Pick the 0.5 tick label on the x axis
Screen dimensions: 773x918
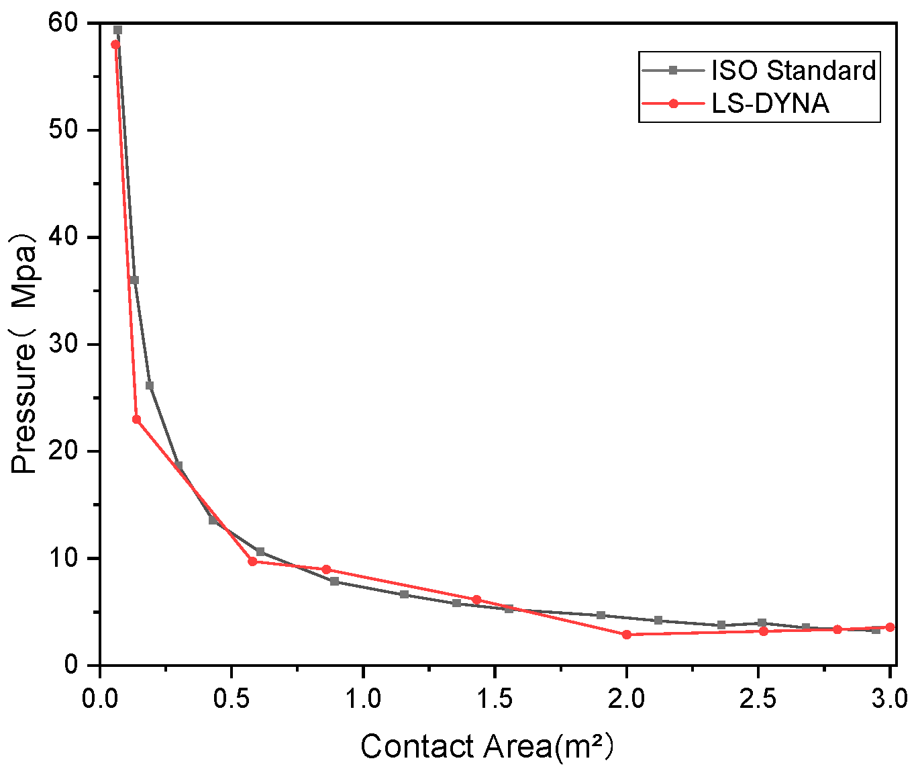[232, 699]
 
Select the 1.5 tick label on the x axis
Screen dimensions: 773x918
[495, 699]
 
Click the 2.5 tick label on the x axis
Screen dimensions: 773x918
[758, 699]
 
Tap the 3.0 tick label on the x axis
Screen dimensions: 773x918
[888, 699]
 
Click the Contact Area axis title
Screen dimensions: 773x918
[487, 747]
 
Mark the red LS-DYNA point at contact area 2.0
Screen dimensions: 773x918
[627, 634]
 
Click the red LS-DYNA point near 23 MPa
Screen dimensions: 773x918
[136, 419]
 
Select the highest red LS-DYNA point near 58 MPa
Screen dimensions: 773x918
[115, 44]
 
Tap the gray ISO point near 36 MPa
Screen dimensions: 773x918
[134, 280]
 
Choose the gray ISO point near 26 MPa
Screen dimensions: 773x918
[150, 385]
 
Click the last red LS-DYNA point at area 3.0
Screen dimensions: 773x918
[890, 627]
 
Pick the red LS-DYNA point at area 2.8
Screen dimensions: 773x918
[837, 629]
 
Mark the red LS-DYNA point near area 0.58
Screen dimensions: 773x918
[252, 561]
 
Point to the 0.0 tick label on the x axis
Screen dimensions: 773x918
[101, 699]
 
